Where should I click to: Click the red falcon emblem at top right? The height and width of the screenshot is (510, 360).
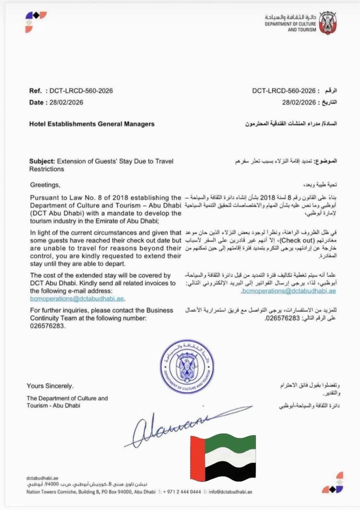[x=328, y=23]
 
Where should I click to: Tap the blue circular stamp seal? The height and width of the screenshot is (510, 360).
[x=187, y=367]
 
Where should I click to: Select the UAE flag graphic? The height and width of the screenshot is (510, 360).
[x=223, y=457]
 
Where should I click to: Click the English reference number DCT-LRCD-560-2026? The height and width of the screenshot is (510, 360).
[x=81, y=91]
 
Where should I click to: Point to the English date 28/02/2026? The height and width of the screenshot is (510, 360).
[x=66, y=102]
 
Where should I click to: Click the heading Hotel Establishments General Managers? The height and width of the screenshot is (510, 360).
[x=92, y=124]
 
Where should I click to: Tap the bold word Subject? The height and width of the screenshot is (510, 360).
[x=42, y=161]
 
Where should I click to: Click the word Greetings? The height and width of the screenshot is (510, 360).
[x=45, y=185]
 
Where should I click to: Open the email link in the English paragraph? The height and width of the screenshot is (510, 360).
[x=77, y=299]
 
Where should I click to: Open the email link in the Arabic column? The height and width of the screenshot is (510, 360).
[x=289, y=291]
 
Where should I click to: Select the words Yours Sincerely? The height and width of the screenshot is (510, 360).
[x=50, y=386]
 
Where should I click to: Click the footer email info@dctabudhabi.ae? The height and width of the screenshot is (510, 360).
[x=230, y=492]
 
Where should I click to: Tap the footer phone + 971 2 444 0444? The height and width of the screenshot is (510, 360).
[x=182, y=492]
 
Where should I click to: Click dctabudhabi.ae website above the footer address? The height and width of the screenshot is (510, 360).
[x=42, y=478]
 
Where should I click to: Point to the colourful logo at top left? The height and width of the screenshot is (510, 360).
[x=35, y=21]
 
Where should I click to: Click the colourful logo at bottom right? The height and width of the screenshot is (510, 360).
[x=333, y=483]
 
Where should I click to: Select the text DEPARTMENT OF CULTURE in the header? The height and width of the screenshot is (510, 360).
[x=290, y=24]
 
